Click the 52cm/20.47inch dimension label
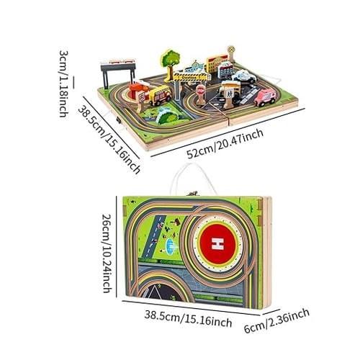point(225,143)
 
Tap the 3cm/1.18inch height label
point(63,84)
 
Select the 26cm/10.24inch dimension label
point(107,253)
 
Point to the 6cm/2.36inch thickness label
point(276,321)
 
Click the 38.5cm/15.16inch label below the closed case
point(188,319)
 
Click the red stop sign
point(199,91)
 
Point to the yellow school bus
point(160,96)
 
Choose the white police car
point(244,76)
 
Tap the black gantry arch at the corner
point(118,70)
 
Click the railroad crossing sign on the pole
point(231,49)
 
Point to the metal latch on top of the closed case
point(194,193)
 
